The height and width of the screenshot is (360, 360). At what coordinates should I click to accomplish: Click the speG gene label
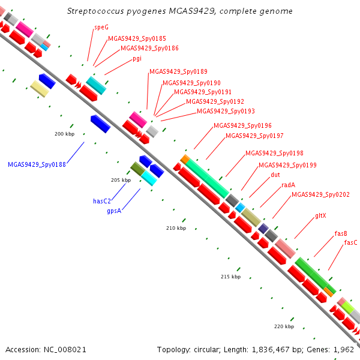tap(101, 28)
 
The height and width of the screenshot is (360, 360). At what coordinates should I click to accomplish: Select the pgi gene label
tap(137, 59)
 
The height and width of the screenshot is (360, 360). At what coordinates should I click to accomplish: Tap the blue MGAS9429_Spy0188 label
tap(37, 164)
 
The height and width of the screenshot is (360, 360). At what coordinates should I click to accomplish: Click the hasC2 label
tap(102, 201)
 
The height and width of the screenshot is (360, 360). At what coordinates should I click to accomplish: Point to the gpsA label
tap(114, 211)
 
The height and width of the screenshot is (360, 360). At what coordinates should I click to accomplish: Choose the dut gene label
tap(275, 175)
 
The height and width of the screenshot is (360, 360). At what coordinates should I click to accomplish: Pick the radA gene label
tap(289, 185)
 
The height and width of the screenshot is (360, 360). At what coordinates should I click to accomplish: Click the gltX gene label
tap(320, 216)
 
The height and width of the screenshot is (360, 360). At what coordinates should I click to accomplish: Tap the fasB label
tap(341, 233)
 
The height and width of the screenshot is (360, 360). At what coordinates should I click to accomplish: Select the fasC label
tap(350, 242)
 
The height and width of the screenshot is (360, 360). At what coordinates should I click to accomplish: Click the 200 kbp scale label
tap(65, 134)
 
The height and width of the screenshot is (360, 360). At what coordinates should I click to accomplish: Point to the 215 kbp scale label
tap(231, 277)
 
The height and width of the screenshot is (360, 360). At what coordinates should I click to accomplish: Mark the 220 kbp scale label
tap(284, 326)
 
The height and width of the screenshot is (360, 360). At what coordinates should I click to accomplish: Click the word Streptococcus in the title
tap(95, 11)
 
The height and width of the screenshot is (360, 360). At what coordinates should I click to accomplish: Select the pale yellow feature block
tap(40, 89)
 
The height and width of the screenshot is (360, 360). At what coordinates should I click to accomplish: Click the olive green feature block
tap(138, 169)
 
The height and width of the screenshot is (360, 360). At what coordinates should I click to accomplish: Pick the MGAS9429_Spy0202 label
tap(320, 194)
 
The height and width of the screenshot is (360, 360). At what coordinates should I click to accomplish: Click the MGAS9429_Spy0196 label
tap(242, 125)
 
